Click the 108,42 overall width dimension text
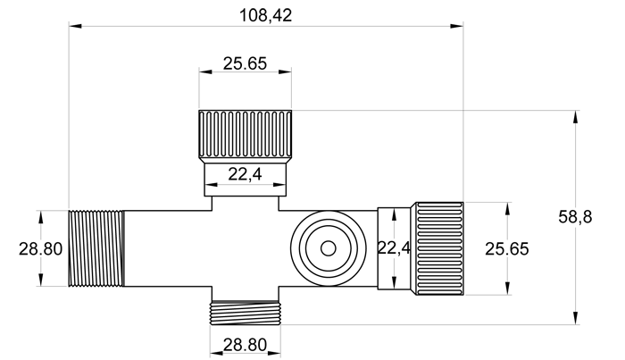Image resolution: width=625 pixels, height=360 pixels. point(266,14)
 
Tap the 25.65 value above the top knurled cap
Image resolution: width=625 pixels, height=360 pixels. point(245,63)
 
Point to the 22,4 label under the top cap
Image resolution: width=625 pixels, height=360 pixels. point(245,175)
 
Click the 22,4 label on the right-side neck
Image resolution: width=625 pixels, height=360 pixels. point(394,248)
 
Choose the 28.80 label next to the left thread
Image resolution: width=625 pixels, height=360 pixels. point(40,249)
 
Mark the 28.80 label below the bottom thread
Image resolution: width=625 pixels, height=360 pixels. point(245,344)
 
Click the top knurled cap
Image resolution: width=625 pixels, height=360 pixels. point(245,135)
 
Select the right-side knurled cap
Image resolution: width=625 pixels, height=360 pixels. point(437,248)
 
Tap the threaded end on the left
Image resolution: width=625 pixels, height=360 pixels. point(96,248)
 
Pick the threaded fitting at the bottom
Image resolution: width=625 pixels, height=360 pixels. point(245,312)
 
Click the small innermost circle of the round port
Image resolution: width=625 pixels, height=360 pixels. point(328,247)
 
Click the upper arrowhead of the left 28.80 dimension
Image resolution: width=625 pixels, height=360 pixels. point(40,215)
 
